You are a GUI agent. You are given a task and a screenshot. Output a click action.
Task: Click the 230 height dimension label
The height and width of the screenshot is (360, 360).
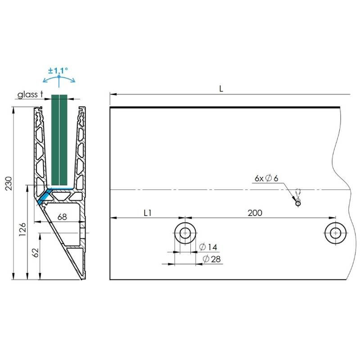coord(9,183)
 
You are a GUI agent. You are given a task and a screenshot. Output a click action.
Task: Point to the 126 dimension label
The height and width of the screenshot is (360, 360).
coord(22,229)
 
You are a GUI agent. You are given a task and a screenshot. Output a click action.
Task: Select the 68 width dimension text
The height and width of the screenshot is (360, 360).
coord(62,216)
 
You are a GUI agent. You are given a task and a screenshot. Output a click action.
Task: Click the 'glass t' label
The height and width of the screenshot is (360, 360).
coord(30,94)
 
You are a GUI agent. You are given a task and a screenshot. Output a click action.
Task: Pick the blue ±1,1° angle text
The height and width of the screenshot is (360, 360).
coord(58,71)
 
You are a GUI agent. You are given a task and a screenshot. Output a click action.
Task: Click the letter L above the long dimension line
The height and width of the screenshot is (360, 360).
coord(221,89)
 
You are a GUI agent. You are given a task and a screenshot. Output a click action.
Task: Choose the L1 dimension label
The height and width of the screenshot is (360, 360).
coord(148,213)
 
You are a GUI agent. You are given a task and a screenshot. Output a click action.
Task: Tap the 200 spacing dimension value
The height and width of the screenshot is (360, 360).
coord(255,213)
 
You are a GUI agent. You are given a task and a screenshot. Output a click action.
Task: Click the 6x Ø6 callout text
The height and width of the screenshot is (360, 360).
coord(266,178)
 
